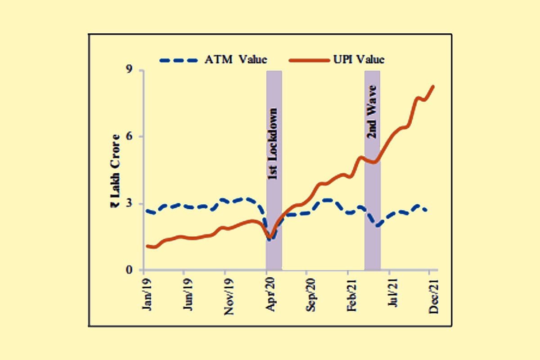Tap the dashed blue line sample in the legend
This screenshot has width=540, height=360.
179,60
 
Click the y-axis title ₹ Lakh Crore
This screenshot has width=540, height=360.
116,171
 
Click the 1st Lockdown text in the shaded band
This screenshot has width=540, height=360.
274,144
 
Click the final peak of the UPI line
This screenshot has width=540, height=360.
433,86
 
